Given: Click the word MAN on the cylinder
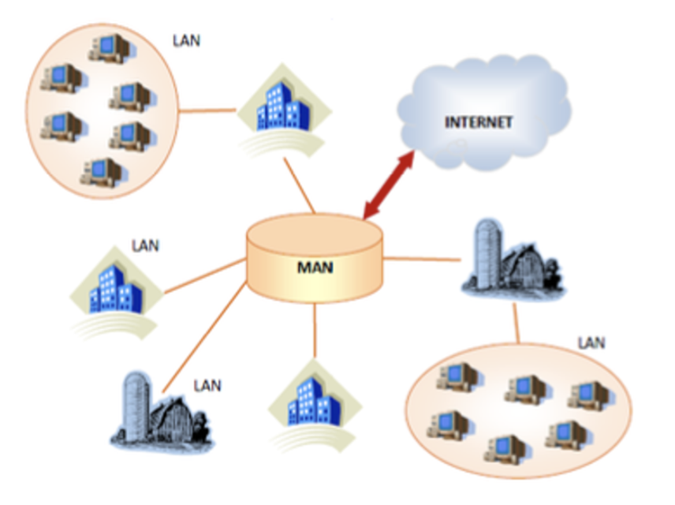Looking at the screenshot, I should [315, 267].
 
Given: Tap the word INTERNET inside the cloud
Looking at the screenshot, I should [479, 122].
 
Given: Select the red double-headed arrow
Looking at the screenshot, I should [389, 183].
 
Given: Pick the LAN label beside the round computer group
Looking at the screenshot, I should [186, 39].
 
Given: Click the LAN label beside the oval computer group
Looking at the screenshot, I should [591, 342].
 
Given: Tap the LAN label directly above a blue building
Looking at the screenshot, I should [144, 245].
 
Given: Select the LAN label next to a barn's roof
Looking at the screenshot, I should [207, 386].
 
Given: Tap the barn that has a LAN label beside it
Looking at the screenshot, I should [161, 410].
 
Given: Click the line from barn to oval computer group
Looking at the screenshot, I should [517, 319].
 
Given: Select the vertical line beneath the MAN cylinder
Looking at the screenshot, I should [315, 331].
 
